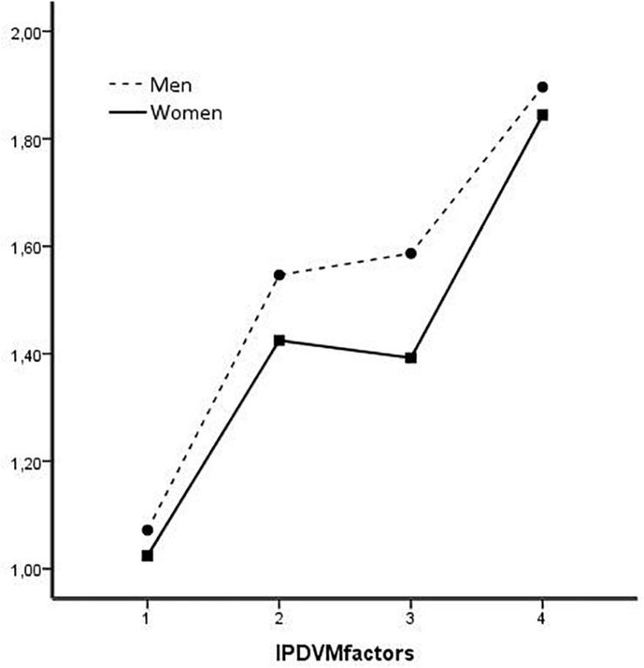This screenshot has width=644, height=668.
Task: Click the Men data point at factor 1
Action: pyautogui.click(x=147, y=529)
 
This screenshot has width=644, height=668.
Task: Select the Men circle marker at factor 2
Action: pyautogui.click(x=279, y=275)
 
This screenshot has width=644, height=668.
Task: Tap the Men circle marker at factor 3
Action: pyautogui.click(x=410, y=253)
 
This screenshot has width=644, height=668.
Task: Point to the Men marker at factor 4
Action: pyautogui.click(x=543, y=87)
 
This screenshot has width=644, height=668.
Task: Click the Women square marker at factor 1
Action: pyautogui.click(x=147, y=556)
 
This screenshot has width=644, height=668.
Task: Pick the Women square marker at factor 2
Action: pyautogui.click(x=279, y=340)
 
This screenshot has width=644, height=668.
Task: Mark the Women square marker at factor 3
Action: pyautogui.click(x=410, y=358)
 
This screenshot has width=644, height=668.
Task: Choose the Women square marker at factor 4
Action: pyautogui.click(x=543, y=114)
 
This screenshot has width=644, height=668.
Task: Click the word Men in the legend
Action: pyautogui.click(x=171, y=85)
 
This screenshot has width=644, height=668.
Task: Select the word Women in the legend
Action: pyautogui.click(x=186, y=112)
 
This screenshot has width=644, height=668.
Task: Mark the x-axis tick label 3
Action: pyautogui.click(x=410, y=615)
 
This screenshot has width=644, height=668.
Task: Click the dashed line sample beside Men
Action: pyautogui.click(x=125, y=85)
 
